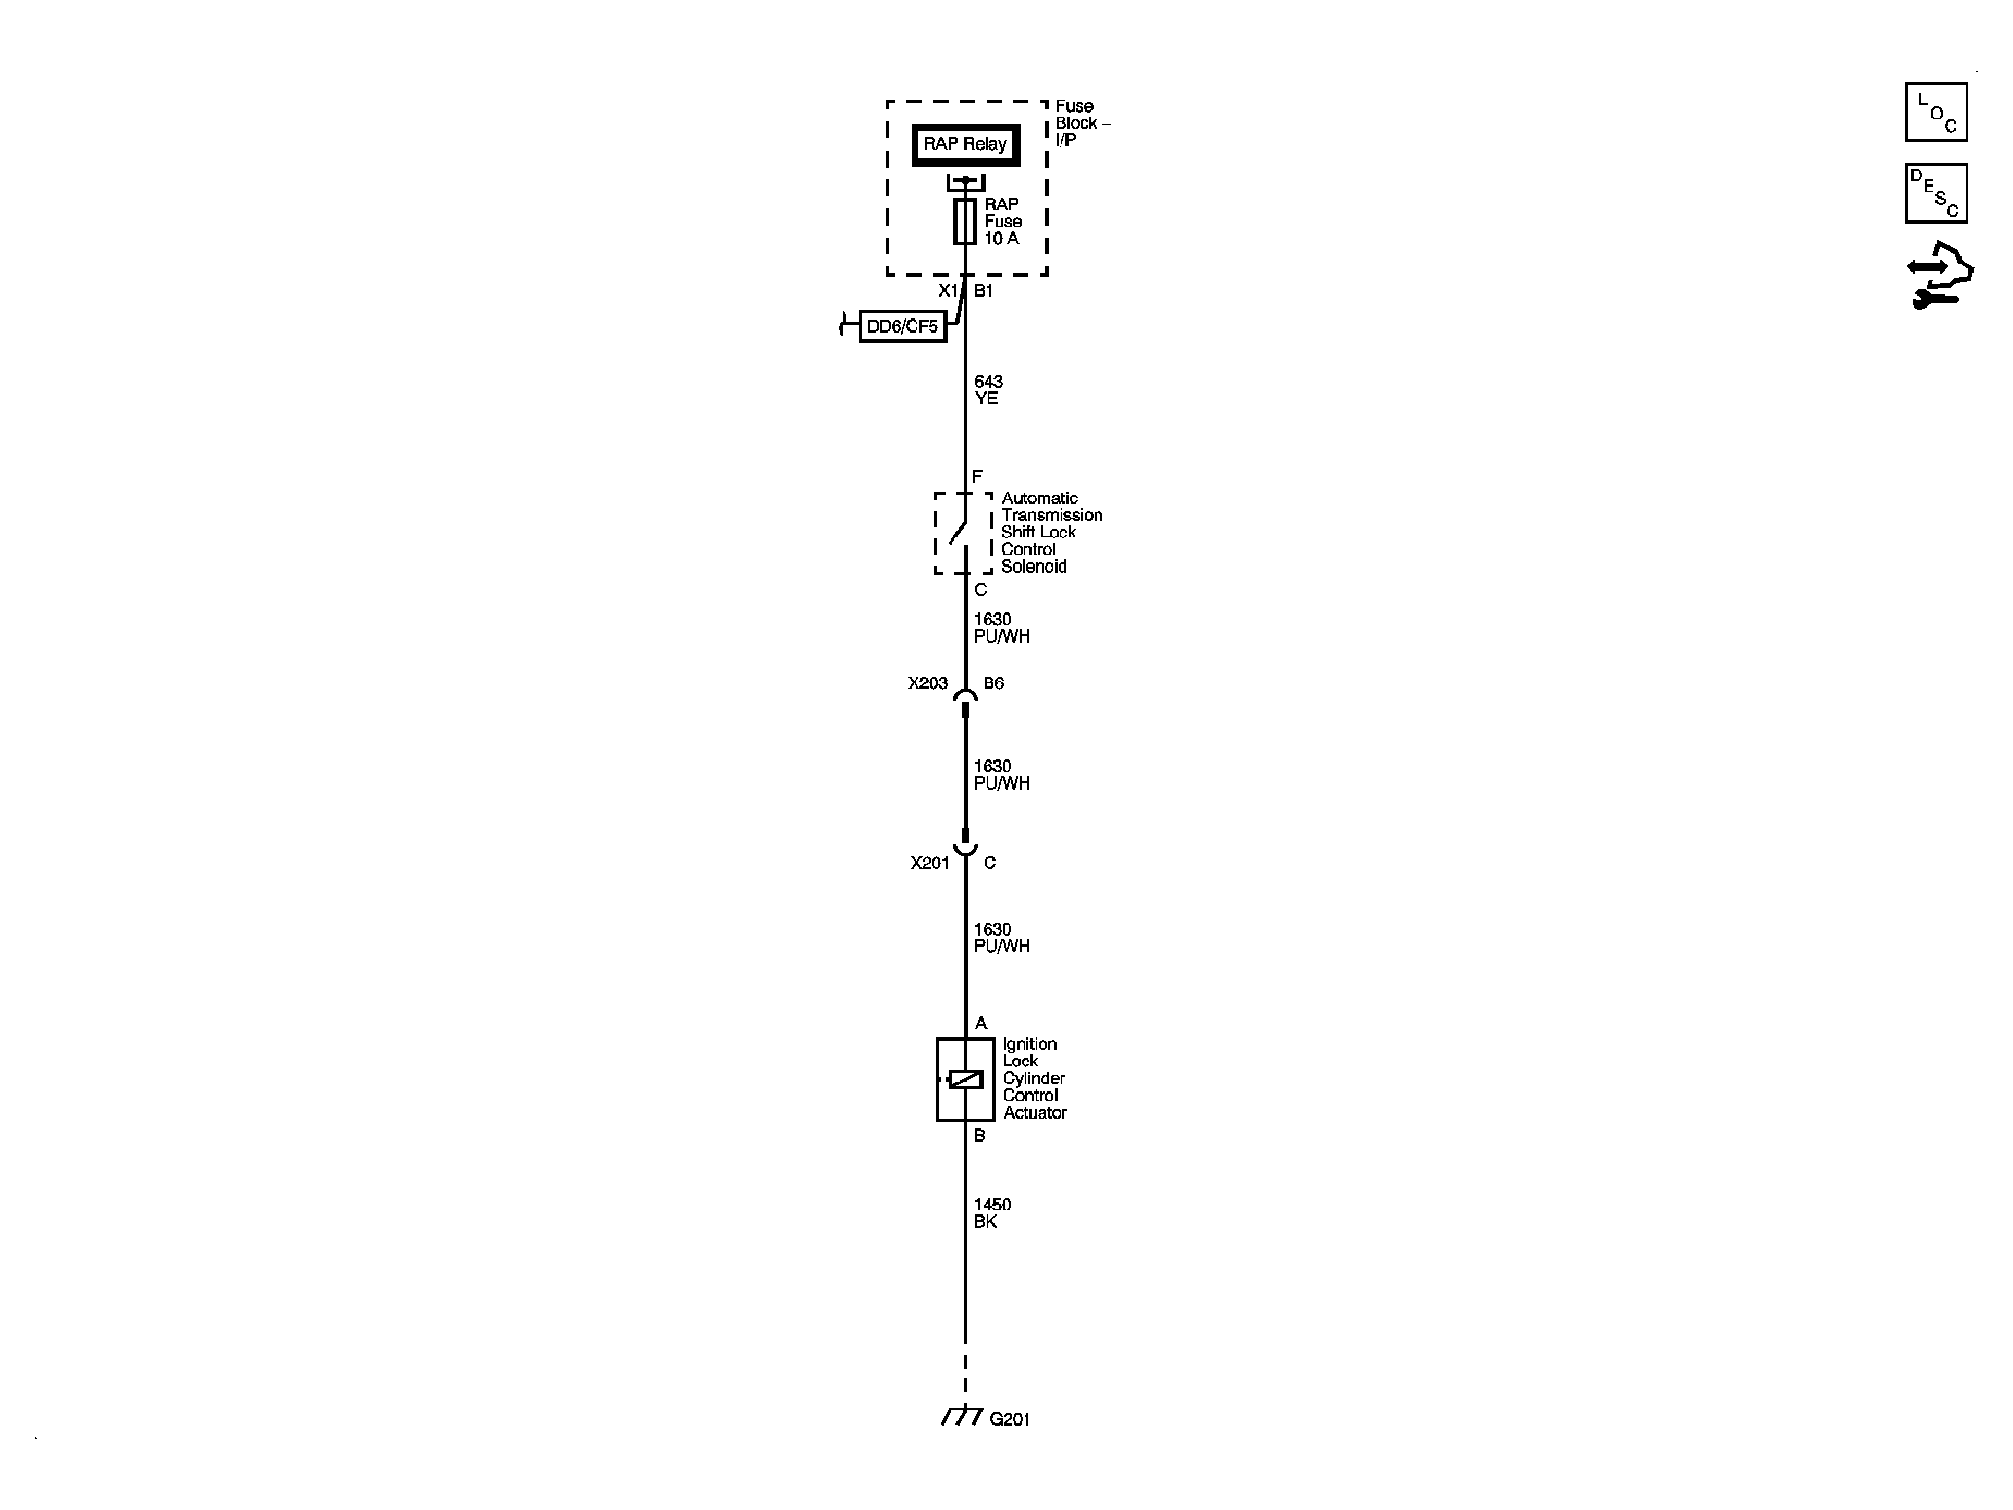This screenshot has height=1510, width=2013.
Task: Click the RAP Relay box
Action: click(965, 145)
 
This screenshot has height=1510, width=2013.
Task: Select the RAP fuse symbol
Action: click(965, 222)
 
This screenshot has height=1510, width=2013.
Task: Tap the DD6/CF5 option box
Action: click(902, 326)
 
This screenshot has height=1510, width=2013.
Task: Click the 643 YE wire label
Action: click(988, 390)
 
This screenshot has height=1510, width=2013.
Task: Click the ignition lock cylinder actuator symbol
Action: click(965, 1080)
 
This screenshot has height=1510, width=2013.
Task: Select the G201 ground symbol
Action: click(963, 1443)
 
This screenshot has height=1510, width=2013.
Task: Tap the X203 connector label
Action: click(928, 683)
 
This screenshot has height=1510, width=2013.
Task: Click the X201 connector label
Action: click(930, 863)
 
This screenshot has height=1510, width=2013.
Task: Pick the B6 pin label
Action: click(993, 683)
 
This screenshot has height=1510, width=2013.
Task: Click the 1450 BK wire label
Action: click(991, 1213)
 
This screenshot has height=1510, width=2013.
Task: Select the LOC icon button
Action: click(1936, 112)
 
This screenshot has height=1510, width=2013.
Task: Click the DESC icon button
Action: click(1936, 193)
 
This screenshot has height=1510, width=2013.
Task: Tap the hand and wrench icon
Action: click(1939, 276)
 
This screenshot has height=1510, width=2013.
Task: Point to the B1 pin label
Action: click(984, 291)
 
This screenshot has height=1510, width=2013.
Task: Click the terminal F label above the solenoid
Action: click(978, 477)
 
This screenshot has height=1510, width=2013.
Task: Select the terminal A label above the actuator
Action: click(981, 1023)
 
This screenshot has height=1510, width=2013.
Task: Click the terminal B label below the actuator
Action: click(980, 1136)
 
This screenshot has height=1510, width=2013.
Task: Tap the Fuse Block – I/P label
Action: click(1082, 123)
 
